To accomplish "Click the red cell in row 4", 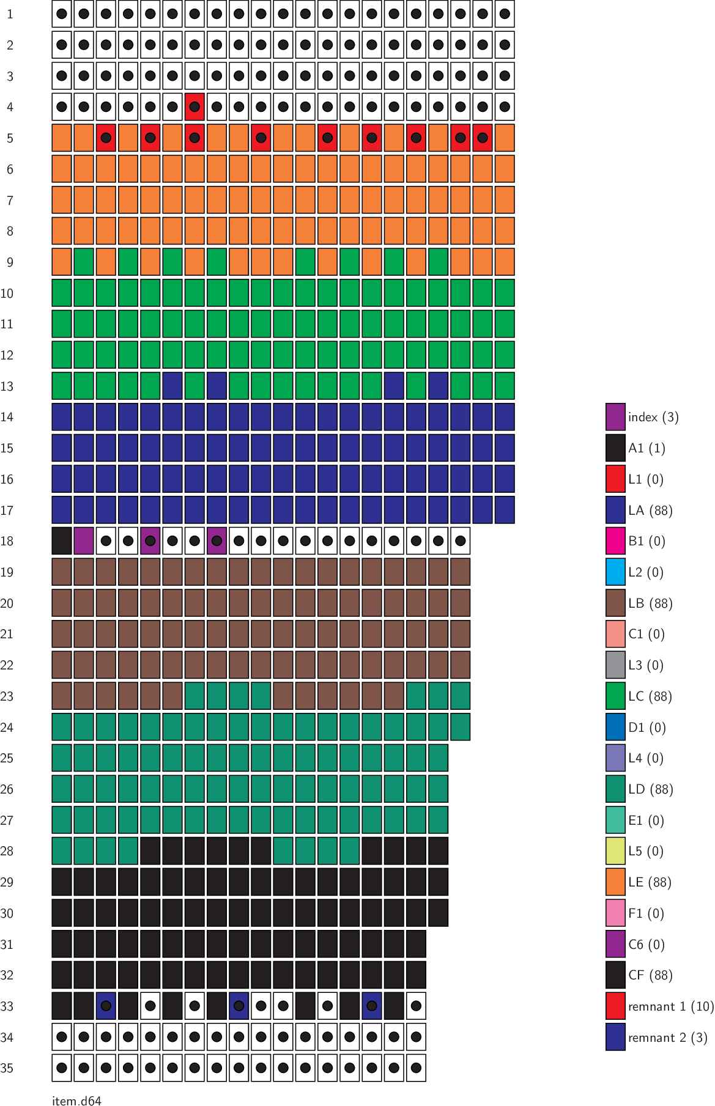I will pos(194,107).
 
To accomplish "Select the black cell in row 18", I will pos(62,541).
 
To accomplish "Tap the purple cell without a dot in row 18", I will pos(84,541).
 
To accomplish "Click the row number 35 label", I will pos(7,1068).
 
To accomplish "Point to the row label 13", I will pos(7,386).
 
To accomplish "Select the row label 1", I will pos(10,14).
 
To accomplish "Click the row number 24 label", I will pos(7,728).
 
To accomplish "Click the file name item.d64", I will pos(76,1100).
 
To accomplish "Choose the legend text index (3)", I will pos(653,417).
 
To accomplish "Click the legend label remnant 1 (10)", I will pos(671,1006).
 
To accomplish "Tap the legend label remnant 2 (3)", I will pos(667,1038).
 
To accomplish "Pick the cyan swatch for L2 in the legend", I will pos(615,572).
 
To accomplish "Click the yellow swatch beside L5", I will pos(615,851).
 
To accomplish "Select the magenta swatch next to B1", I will pos(615,541).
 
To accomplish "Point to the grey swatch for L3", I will pos(615,665).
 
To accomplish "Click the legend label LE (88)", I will pos(650,882).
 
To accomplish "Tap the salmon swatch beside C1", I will pos(615,634).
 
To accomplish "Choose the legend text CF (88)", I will pos(650,975).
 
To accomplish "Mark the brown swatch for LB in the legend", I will pos(615,603).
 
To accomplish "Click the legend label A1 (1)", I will pos(646,448).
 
